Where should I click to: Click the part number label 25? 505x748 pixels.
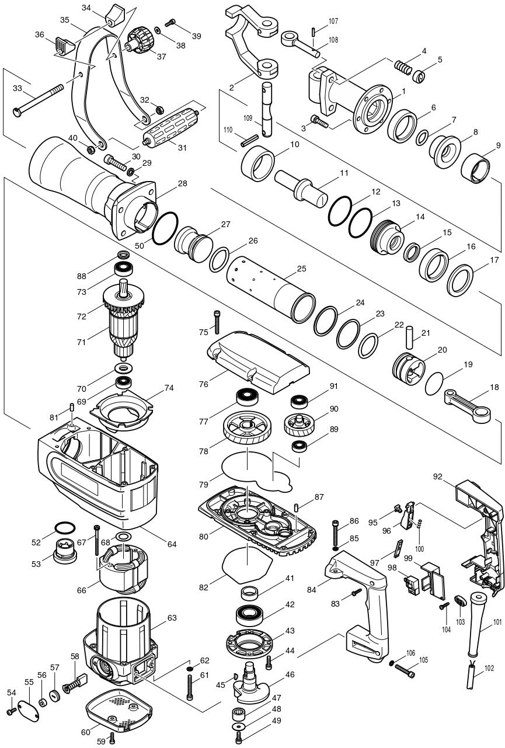[301, 269]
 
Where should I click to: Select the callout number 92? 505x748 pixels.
[438, 476]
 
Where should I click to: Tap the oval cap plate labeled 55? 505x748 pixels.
[28, 708]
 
